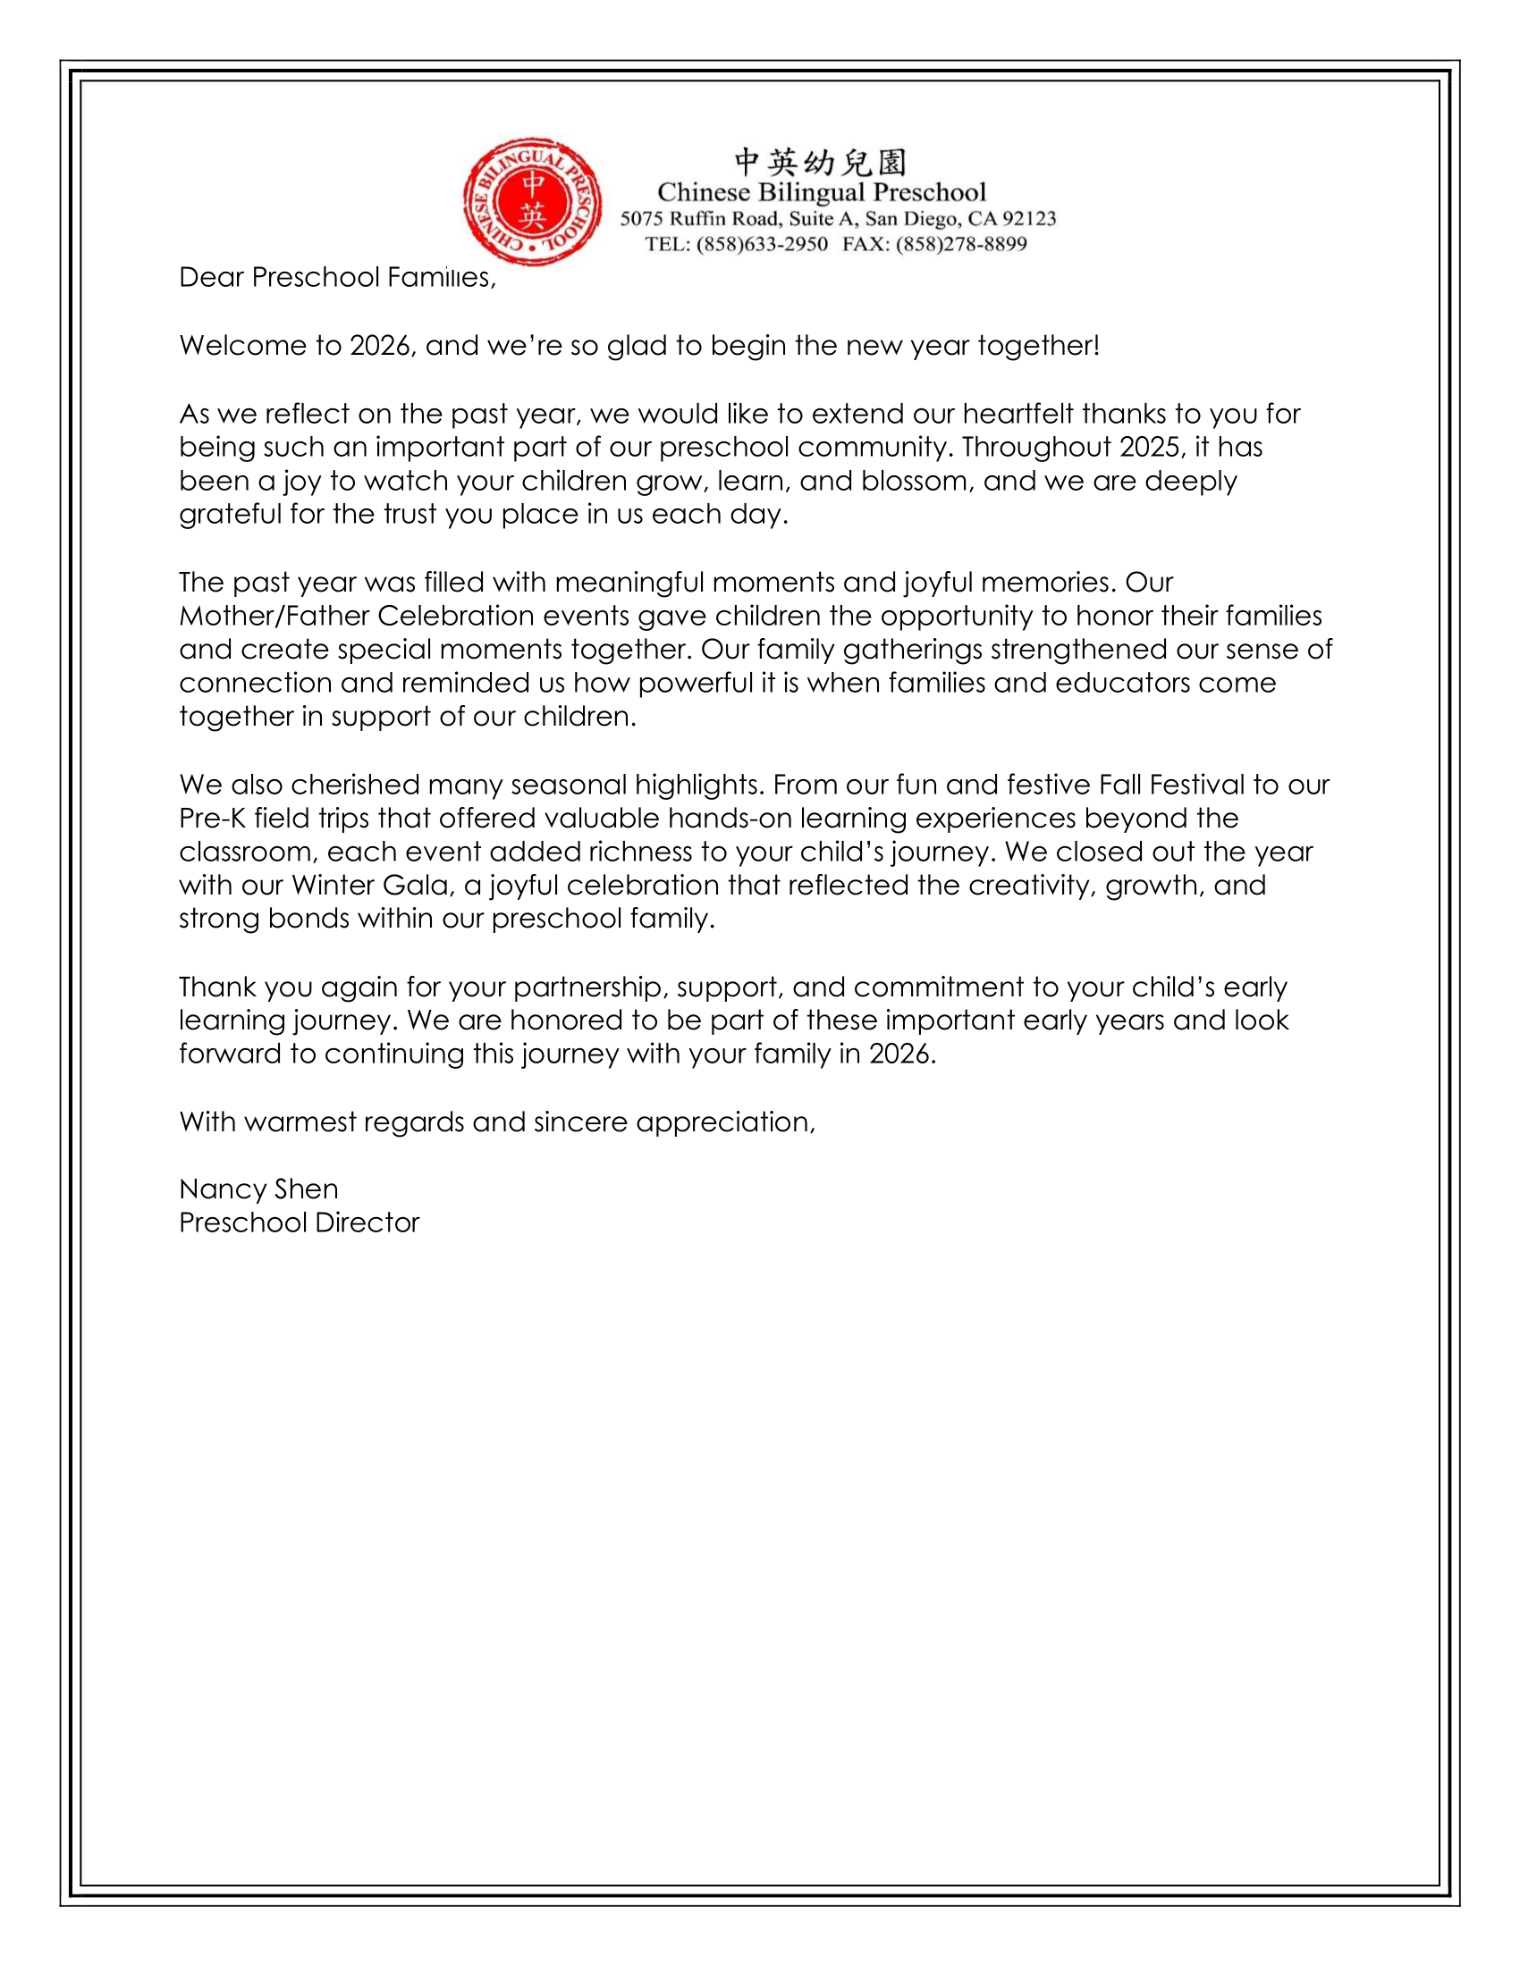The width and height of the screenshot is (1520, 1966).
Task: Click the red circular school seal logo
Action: tap(532, 202)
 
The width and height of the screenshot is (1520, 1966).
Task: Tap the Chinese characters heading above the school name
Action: tap(820, 162)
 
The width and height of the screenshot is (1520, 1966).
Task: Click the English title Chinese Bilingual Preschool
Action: tap(821, 192)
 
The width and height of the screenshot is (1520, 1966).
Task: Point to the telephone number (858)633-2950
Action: tap(762, 244)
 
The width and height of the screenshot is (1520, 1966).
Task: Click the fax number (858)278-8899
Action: tap(961, 244)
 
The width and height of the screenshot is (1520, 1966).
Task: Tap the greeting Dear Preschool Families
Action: tap(337, 277)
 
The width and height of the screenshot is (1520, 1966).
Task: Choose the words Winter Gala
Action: tap(370, 886)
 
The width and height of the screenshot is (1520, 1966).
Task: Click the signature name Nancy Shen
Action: tap(258, 1189)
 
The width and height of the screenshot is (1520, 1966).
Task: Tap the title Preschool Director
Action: tap(299, 1222)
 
